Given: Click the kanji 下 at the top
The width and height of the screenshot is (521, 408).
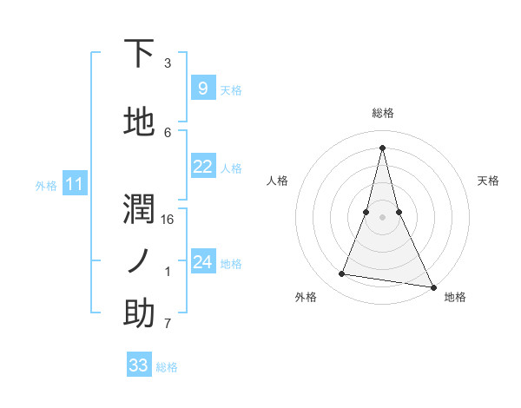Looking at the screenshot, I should coord(139,54).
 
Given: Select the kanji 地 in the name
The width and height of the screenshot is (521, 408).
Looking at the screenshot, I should coord(139,122).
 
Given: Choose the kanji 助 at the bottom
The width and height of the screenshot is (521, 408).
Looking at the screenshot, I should coord(139,313).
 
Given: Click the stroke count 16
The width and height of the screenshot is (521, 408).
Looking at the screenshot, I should coord(168,219).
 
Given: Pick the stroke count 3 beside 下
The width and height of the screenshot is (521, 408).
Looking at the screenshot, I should coord(168,63).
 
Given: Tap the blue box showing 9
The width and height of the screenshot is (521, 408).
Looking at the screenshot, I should coord(202,88).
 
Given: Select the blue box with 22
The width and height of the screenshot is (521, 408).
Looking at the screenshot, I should coord(202,167).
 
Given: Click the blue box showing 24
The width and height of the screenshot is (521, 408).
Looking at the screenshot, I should coord(202,262).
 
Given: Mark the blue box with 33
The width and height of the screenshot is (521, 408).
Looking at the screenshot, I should coord(139,365).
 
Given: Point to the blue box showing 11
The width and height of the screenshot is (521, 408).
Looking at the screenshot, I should coord(75,184).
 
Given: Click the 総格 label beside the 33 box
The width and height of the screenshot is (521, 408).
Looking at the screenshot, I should coord(168,367).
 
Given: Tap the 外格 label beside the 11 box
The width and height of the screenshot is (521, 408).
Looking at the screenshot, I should coord(46,185).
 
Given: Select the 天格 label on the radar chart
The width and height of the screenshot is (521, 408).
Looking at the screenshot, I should coord(488,181).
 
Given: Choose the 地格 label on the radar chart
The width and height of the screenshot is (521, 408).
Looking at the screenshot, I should coord(455,297).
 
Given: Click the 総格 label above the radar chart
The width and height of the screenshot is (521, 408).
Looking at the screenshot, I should coord(383,113).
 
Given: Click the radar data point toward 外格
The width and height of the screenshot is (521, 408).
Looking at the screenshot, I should coord(342,274).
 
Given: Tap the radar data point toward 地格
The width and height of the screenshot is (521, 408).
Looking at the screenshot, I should coord(432,287).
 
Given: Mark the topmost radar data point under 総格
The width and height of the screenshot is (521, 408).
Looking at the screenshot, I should coord(383,147).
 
